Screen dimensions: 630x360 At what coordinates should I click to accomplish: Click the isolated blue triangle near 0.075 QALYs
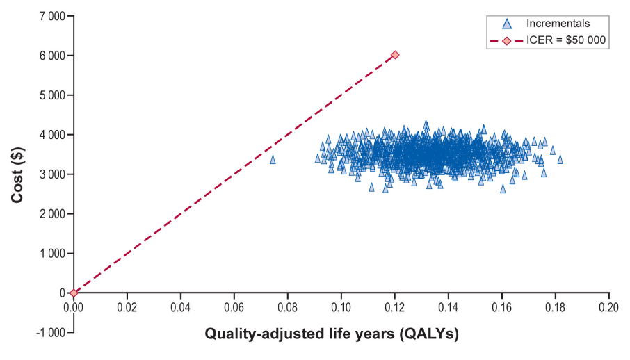273,160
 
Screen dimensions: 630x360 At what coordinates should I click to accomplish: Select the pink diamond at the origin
74,293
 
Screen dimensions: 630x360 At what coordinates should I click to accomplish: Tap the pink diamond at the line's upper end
395,55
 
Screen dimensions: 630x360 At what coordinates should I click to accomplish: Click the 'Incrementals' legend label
558,24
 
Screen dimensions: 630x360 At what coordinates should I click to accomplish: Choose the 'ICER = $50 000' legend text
566,40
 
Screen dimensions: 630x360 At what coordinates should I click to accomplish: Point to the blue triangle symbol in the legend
507,24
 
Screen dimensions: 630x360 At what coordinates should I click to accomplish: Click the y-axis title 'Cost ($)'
17,175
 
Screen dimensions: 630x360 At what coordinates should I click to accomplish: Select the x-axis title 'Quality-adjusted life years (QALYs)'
332,334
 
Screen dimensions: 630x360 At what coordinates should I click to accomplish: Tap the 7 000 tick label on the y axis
52,16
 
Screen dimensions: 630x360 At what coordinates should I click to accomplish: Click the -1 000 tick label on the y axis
50,333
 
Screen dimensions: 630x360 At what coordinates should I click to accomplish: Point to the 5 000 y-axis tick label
52,95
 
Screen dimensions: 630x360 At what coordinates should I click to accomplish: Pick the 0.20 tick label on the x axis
608,308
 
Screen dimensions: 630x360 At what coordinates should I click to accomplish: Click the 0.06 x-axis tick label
234,308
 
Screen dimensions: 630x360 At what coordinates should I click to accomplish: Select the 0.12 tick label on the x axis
394,308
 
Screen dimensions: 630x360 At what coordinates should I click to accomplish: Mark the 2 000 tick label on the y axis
52,214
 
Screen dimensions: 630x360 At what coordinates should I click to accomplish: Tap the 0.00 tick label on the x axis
74,308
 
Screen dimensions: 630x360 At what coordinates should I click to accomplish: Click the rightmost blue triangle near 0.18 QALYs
560,160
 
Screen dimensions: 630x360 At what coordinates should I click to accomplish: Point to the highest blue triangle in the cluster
426,124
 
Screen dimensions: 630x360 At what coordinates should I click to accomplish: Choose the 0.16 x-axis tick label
502,308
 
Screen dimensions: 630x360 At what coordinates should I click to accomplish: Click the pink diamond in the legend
507,40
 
